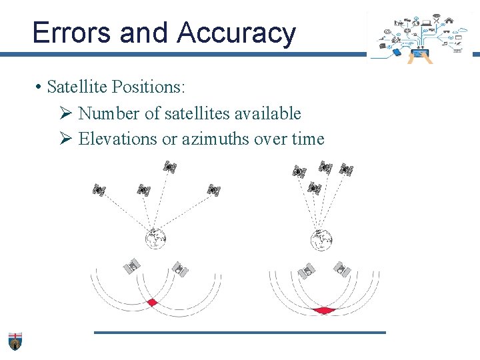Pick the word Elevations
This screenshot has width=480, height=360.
tap(117, 139)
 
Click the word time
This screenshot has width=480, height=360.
tap(307, 139)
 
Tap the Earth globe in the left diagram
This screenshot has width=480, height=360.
tap(155, 238)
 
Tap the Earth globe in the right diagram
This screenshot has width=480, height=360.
tap(322, 239)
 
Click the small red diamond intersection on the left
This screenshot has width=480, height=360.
tap(153, 303)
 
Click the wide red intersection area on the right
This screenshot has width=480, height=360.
tap(325, 310)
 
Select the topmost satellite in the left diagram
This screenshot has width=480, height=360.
tap(170, 167)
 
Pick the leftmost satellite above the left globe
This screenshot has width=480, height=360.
tap(99, 190)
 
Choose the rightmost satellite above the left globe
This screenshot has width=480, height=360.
tap(213, 190)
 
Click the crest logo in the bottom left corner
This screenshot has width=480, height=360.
tap(15, 341)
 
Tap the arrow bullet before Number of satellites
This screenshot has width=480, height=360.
tap(65, 114)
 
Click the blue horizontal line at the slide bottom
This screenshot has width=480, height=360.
tap(240, 332)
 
